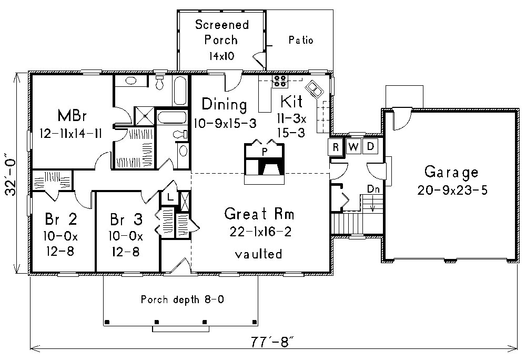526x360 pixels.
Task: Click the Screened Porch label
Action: pyautogui.click(x=221, y=32)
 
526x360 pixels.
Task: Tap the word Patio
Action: pyautogui.click(x=301, y=40)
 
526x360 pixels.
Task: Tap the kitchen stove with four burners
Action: pyautogui.click(x=279, y=81)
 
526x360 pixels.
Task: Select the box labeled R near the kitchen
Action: pyautogui.click(x=335, y=147)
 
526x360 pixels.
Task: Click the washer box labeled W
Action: pyautogui.click(x=353, y=147)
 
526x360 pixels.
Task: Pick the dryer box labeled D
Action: pyautogui.click(x=370, y=147)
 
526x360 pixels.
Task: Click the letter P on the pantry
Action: pyautogui.click(x=265, y=151)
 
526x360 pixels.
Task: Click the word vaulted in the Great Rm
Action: pyautogui.click(x=258, y=254)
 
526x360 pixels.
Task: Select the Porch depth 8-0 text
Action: pyautogui.click(x=183, y=300)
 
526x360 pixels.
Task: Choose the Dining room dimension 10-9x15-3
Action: pyautogui.click(x=225, y=124)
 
